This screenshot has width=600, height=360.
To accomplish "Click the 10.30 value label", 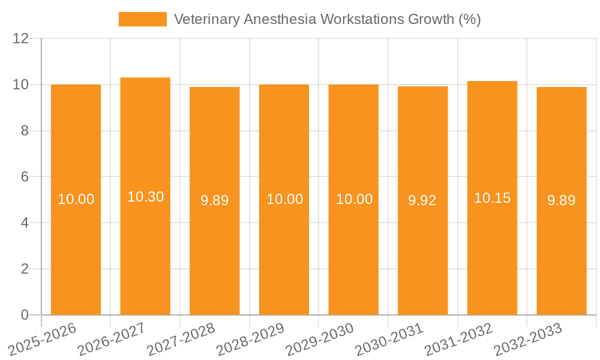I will pos(145,197).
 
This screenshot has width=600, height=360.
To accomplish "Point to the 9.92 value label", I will pos(422,200).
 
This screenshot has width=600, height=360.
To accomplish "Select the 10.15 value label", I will pos(492,198).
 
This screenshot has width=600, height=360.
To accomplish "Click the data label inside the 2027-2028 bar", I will pos(214,200).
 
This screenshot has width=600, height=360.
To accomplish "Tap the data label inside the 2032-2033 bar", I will pos(561,200).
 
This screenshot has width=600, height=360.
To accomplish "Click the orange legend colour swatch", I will pos(143,19).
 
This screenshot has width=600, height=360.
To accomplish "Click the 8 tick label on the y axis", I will pos(25,131).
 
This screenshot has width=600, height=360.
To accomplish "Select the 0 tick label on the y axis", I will pos(25,315).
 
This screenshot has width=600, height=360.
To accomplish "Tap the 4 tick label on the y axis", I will pos(25,223).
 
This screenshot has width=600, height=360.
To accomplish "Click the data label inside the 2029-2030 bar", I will pos(354,199).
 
